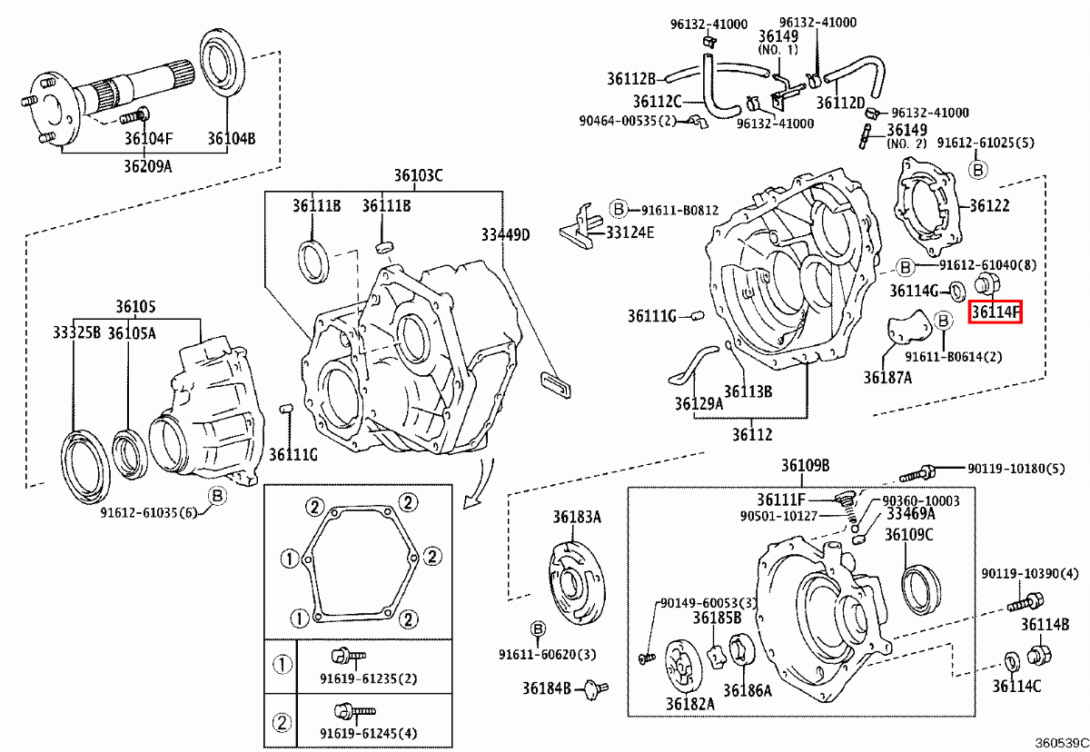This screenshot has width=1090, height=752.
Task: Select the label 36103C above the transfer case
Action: tap(418, 175)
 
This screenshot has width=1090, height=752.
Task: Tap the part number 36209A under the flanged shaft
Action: tap(147, 168)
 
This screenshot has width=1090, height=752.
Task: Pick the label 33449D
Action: tap(505, 234)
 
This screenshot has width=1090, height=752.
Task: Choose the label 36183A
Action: tap(577, 517)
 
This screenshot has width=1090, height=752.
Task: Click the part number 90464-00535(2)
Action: tap(628, 120)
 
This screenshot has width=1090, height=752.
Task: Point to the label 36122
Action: tap(989, 206)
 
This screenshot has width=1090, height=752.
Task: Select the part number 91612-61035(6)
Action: tap(148, 512)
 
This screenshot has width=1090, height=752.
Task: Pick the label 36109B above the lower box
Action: tap(805, 466)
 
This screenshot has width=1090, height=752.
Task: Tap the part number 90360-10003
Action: tap(921, 500)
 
